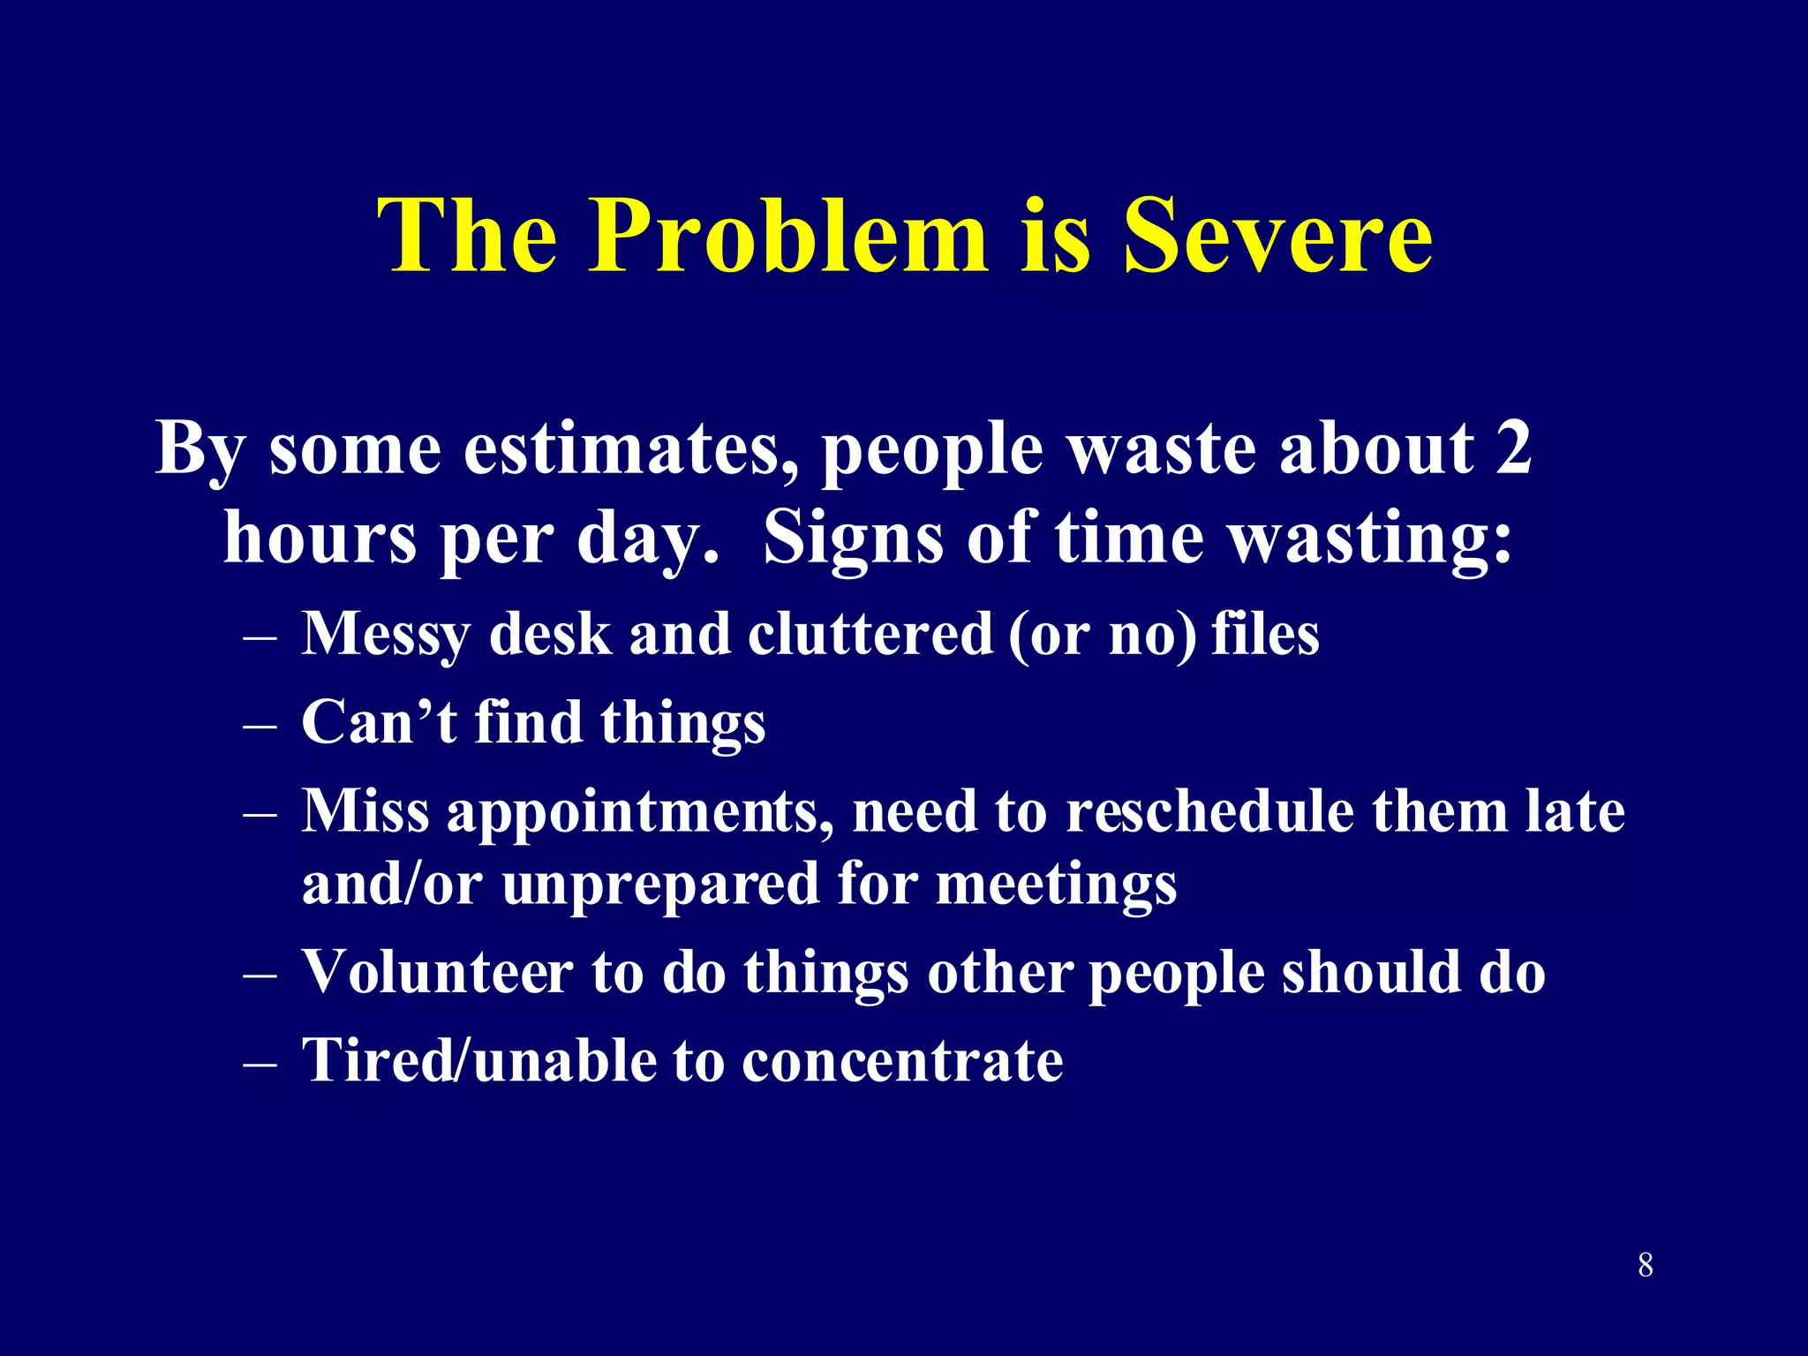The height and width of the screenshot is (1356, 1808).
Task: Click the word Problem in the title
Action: pos(788,237)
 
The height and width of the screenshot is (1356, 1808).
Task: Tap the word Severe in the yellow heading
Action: pos(1277,237)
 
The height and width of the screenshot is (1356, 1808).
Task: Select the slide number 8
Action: pos(1646,1265)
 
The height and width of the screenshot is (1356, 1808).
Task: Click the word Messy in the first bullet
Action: pos(385,634)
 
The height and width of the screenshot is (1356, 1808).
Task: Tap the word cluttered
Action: pos(870,634)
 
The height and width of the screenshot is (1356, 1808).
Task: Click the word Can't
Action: pos(380,722)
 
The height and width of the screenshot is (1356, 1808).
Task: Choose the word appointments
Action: pos(640,812)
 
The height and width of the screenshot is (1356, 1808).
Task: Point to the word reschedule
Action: pos(1209,810)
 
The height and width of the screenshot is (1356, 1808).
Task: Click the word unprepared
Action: pos(660,883)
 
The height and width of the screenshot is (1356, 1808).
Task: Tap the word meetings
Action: pos(1056,885)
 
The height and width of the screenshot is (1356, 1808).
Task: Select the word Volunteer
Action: pos(438,972)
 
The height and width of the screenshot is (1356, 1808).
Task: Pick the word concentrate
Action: pos(902,1060)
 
